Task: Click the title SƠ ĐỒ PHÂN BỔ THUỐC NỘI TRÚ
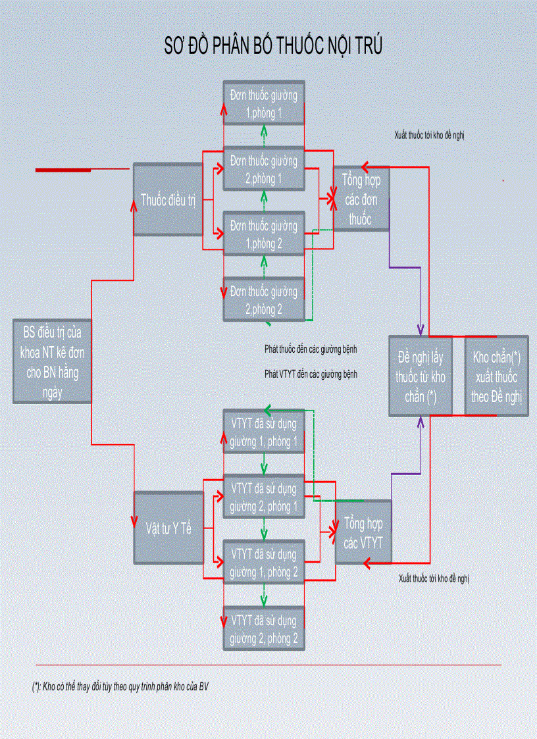(272, 47)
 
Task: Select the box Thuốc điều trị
(168, 199)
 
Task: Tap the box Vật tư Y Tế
(168, 528)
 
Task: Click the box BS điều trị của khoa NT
(52, 361)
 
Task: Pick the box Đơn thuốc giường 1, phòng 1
(264, 103)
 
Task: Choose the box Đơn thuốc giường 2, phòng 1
(264, 168)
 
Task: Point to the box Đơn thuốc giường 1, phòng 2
(264, 234)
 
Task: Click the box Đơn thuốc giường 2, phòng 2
(264, 298)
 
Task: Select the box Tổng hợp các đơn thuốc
(361, 198)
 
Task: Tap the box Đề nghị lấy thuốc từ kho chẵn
(421, 376)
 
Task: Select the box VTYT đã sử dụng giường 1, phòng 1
(264, 432)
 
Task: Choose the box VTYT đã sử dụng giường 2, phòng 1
(264, 497)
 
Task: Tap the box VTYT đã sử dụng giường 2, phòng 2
(264, 628)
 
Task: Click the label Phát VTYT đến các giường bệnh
(311, 373)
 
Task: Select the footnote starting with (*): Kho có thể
(121, 686)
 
